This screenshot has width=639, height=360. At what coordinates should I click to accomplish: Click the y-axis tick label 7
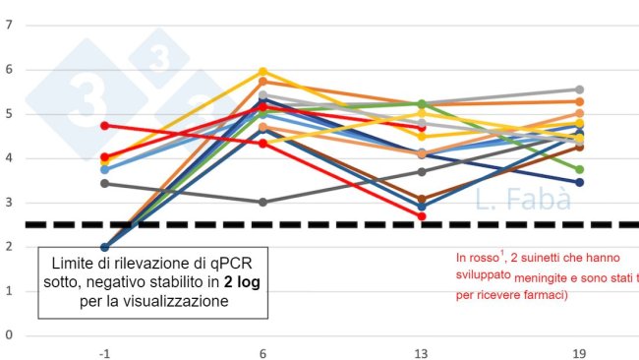click(9, 25)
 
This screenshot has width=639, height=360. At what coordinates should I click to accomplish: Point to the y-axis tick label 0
click(9, 335)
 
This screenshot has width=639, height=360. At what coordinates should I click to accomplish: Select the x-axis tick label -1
click(104, 351)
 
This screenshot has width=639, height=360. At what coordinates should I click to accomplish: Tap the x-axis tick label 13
click(421, 351)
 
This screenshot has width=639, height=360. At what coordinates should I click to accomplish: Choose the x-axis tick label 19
click(579, 351)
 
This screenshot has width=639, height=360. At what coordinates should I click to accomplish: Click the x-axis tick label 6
click(262, 351)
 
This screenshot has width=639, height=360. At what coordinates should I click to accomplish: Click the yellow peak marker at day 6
click(262, 72)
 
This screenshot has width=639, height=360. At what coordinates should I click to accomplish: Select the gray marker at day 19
click(579, 90)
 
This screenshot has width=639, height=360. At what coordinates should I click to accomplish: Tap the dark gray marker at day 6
click(262, 202)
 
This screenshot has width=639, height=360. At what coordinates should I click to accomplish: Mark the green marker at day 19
click(579, 169)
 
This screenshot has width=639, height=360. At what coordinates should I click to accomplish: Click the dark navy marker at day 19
click(579, 182)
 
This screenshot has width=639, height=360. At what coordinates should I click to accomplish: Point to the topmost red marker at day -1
click(104, 126)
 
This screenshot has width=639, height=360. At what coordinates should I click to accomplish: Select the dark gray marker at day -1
click(104, 183)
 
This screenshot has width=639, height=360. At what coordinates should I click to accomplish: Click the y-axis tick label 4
click(9, 158)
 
